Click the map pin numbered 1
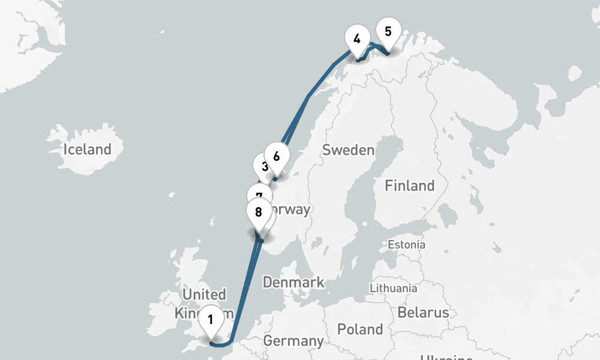click(x=211, y=319)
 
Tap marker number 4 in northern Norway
click(x=357, y=39)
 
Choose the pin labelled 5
click(x=388, y=31)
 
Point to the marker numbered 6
click(x=277, y=156)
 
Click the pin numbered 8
click(x=259, y=212)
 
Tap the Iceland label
click(x=88, y=149)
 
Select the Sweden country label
click(x=348, y=150)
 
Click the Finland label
click(x=409, y=185)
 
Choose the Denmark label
click(x=293, y=282)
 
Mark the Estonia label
click(x=406, y=245)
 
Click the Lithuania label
click(x=394, y=288)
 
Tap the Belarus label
click(x=422, y=313)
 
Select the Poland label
click(x=359, y=329)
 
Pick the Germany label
click(x=293, y=341)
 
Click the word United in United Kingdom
click(x=204, y=295)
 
